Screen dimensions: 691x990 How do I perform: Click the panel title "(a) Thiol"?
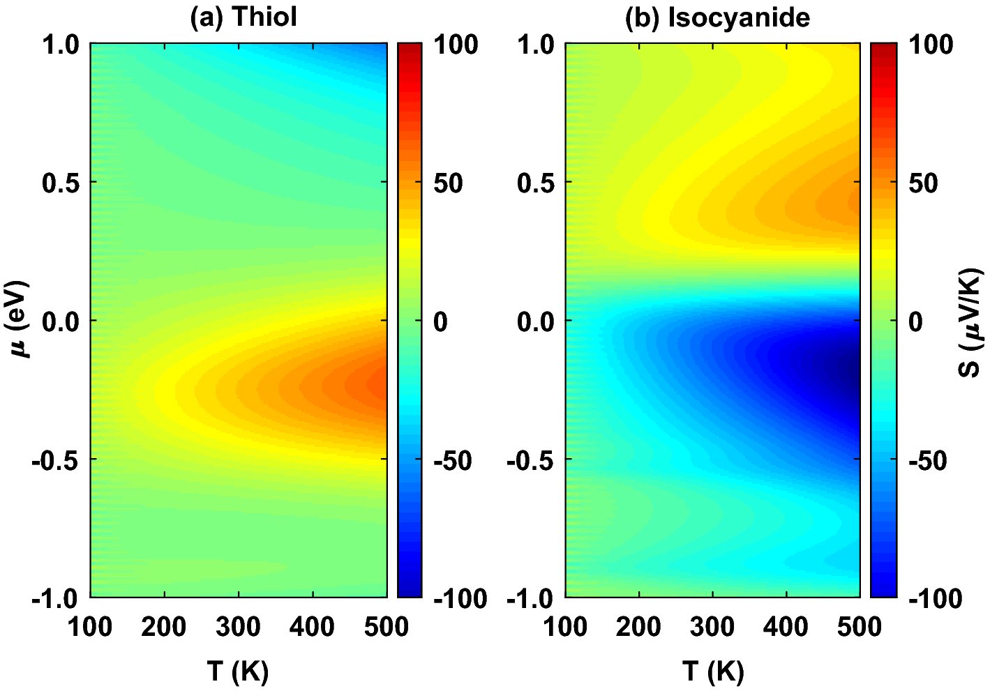click(243, 17)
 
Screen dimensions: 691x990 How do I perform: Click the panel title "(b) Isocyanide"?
click(717, 17)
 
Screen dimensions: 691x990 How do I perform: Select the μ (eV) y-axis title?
click(20, 319)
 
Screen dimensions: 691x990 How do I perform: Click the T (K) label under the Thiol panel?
click(238, 671)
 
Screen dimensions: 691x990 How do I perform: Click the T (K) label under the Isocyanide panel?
click(713, 671)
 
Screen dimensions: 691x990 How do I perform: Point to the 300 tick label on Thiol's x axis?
click(238, 627)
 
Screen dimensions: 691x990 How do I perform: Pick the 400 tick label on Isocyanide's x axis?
click(786, 627)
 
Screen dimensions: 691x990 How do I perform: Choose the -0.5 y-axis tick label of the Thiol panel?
click(55, 460)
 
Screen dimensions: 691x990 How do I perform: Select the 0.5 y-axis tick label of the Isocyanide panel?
click(537, 183)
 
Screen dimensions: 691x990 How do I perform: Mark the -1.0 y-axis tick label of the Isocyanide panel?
click(530, 598)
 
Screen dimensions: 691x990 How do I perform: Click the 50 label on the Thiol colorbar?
click(448, 183)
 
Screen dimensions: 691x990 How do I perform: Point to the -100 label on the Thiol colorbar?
click(460, 598)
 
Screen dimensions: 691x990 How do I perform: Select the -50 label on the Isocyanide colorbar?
click(927, 460)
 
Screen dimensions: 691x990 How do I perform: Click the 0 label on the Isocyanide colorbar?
click(915, 322)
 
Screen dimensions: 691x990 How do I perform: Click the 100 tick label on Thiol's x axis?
click(90, 627)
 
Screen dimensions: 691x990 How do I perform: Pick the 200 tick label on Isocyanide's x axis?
click(638, 627)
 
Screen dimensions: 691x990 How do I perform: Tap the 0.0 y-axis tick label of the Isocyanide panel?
click(537, 322)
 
